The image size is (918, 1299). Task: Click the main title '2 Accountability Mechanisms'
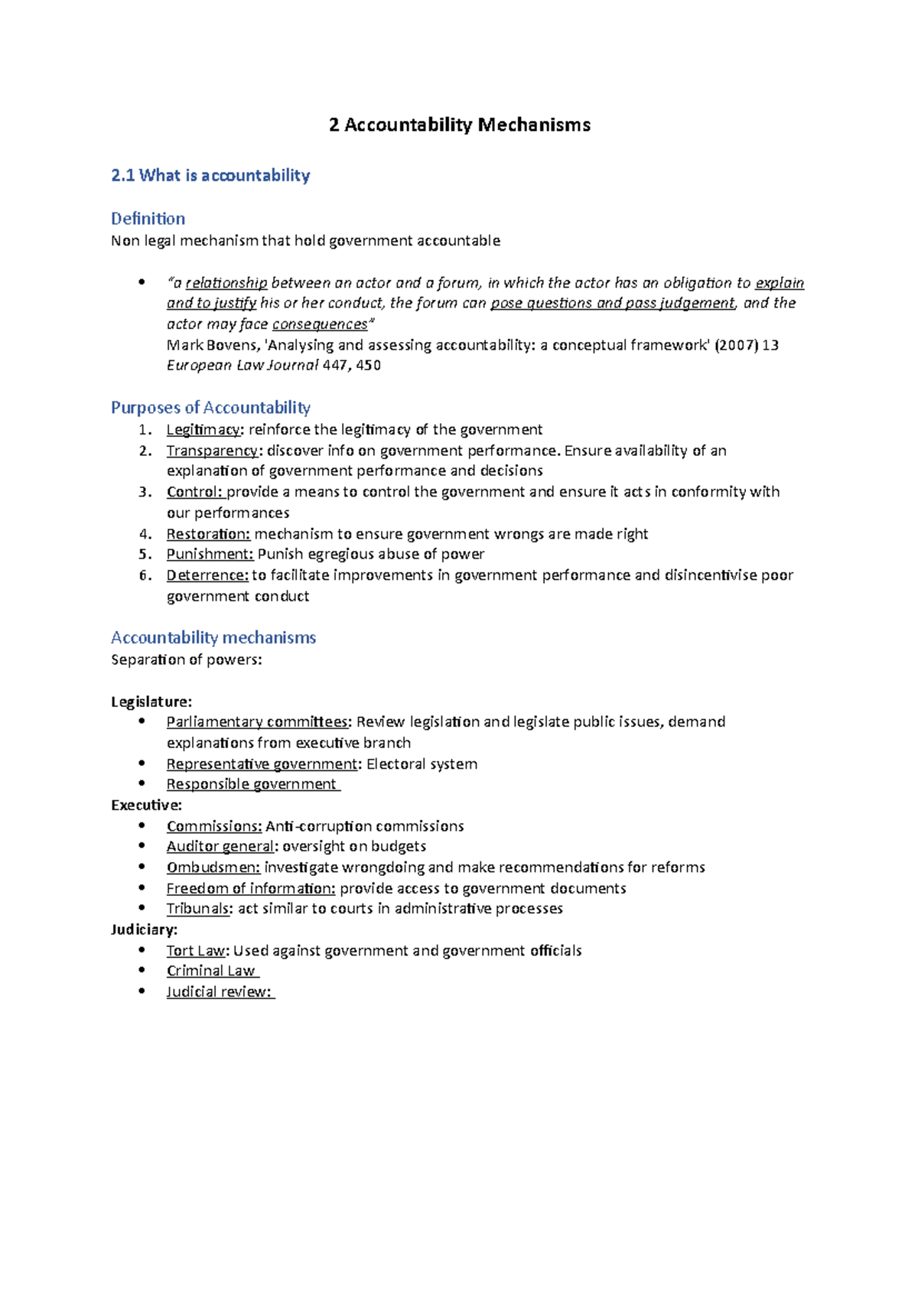[459, 125]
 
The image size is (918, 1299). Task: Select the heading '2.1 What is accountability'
[210, 175]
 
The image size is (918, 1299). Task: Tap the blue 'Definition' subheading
[148, 219]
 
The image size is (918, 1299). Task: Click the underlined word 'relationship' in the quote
[226, 283]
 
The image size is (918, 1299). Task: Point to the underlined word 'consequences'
[320, 324]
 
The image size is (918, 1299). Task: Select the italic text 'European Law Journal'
[243, 366]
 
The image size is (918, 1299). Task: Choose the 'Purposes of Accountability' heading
[210, 407]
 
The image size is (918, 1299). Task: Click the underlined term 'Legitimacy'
[203, 430]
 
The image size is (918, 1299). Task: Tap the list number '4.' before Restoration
[145, 534]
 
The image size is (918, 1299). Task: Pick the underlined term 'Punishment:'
[210, 554]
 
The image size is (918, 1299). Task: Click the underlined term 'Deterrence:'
[207, 575]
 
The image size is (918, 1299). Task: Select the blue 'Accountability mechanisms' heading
[213, 637]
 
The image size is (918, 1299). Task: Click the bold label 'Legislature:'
[151, 702]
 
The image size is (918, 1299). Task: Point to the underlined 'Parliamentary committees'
[257, 722]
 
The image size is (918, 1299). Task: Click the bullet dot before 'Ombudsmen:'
[142, 867]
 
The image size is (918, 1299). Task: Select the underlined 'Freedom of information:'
[251, 888]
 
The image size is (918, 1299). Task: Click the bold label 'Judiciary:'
[145, 929]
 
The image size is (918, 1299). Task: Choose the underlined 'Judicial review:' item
[219, 992]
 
